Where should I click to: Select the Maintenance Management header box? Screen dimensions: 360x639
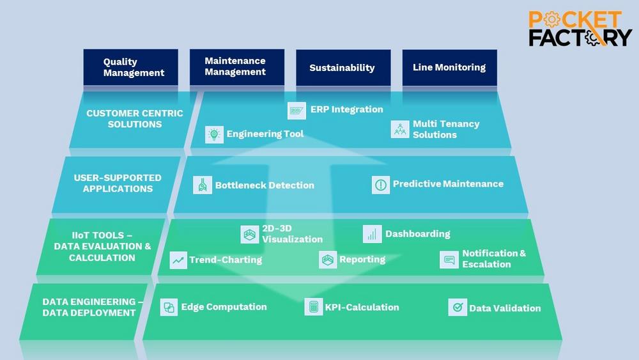click(235, 67)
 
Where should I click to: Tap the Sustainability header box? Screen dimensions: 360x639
click(343, 67)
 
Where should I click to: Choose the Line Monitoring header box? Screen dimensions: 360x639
click(449, 67)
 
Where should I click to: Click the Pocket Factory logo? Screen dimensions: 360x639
click(580, 29)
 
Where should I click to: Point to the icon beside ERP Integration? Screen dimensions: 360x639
click(297, 111)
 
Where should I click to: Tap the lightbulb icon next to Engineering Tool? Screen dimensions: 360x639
click(214, 134)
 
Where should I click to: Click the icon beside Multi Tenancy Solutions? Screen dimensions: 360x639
click(401, 129)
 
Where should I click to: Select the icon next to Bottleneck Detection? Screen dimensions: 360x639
click(203, 185)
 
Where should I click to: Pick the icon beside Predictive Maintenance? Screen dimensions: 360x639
click(381, 185)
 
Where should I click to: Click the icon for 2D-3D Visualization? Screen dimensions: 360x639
click(250, 235)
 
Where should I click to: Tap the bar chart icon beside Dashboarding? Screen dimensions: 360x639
click(372, 234)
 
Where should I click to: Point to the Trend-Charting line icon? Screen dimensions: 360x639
click(178, 260)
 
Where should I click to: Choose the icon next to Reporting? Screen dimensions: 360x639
click(328, 260)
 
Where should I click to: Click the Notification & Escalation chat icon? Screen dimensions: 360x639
click(449, 260)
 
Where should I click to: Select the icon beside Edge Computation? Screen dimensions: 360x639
click(169, 308)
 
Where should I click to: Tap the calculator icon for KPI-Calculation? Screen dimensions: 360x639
click(314, 308)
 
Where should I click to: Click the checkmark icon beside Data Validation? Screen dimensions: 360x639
click(458, 308)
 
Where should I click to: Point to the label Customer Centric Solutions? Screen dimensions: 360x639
click(135, 119)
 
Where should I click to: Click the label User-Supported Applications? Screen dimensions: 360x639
click(118, 184)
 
